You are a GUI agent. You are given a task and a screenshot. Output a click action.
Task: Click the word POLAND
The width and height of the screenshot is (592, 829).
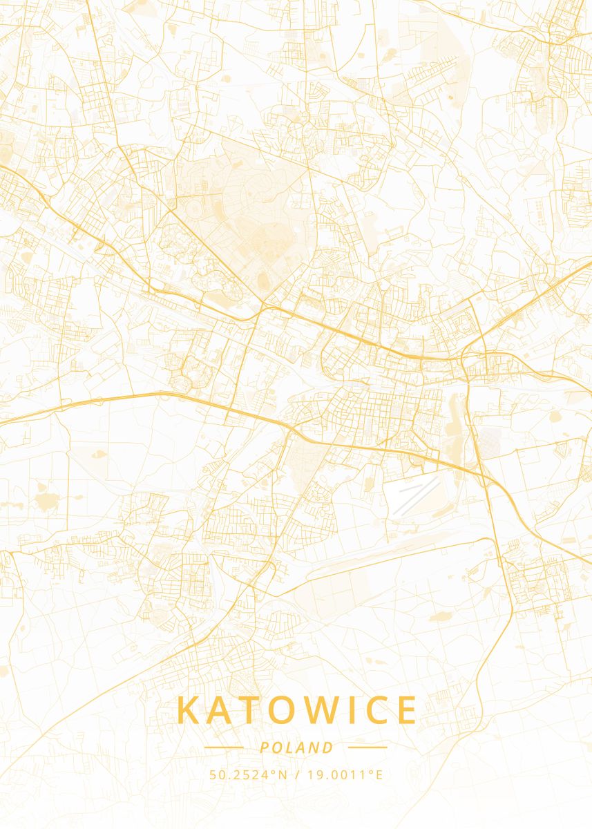coord(296,747)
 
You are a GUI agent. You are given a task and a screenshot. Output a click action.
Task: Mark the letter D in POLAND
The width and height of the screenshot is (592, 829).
coord(328,747)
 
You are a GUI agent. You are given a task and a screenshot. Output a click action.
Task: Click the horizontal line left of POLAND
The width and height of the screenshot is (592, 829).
coord(224,747)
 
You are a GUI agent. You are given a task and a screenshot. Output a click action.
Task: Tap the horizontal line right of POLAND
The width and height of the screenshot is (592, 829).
coord(367,747)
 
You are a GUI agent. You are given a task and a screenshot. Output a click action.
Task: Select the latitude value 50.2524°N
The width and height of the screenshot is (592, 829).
coord(248,774)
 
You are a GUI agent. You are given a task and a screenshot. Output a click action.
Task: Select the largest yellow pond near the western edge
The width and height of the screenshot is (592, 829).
coord(47,500)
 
